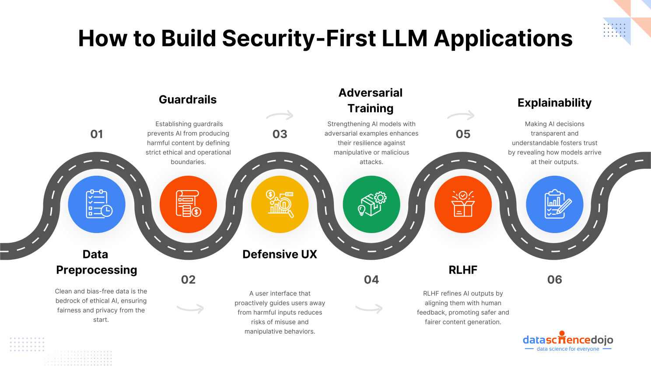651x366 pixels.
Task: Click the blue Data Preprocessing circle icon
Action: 97,204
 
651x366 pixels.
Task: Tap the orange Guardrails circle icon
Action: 188,204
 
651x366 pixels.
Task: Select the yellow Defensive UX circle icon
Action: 280,204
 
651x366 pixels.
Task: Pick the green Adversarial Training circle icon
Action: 371,204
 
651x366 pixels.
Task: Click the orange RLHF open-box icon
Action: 463,204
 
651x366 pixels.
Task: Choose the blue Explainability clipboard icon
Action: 555,204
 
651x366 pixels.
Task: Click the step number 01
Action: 97,134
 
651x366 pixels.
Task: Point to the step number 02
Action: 188,280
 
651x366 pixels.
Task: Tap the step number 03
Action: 280,134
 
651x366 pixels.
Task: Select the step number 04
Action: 371,280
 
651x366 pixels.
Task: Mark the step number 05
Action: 463,134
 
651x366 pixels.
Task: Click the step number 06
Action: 555,280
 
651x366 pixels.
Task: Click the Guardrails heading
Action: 188,100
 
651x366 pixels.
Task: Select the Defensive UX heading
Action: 280,254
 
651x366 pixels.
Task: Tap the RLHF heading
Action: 463,270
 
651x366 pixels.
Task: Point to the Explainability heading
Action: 554,103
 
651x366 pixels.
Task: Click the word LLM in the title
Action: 405,38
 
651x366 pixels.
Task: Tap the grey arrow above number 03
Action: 280,115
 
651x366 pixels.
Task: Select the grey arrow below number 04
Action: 369,309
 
